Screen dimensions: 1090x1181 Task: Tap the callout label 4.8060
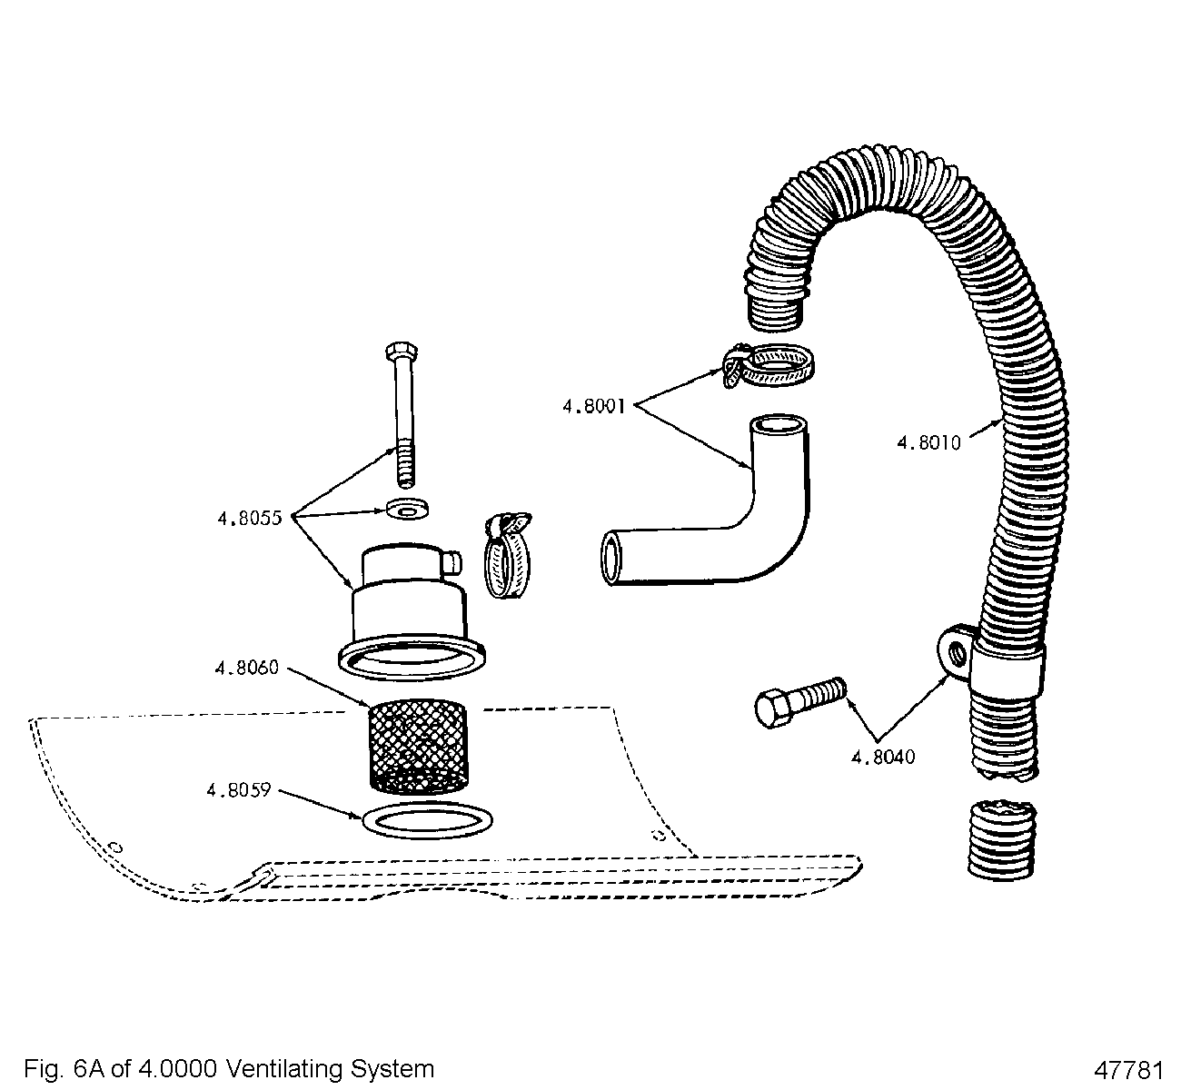pos(245,668)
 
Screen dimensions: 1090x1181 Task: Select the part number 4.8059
pos(239,789)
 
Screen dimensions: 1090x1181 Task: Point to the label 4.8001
pos(593,407)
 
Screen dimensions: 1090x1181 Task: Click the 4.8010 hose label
pos(928,443)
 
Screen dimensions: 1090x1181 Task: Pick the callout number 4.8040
pos(882,757)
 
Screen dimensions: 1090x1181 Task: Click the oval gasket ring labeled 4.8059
pos(428,820)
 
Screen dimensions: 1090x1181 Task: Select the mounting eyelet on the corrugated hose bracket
pos(953,650)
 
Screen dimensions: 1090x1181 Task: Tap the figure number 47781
pos(1129,1068)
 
